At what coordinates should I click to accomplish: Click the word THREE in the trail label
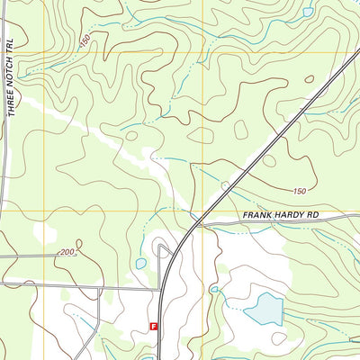[13, 103]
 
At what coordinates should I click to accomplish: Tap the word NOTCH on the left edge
[13, 72]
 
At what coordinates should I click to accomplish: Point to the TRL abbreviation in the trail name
[13, 45]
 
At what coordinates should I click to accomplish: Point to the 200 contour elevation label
[67, 253]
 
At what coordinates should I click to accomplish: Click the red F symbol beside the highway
[153, 328]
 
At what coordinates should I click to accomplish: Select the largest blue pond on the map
[263, 309]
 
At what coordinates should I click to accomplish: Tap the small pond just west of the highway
[141, 264]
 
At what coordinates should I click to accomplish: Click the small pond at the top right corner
[309, 13]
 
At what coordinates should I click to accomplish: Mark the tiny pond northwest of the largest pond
[214, 289]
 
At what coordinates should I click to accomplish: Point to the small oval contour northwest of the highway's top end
[309, 79]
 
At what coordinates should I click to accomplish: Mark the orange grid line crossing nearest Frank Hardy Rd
[204, 211]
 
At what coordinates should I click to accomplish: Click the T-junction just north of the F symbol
[162, 290]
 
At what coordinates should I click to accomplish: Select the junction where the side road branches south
[98, 290]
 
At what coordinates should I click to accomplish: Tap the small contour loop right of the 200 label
[80, 244]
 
